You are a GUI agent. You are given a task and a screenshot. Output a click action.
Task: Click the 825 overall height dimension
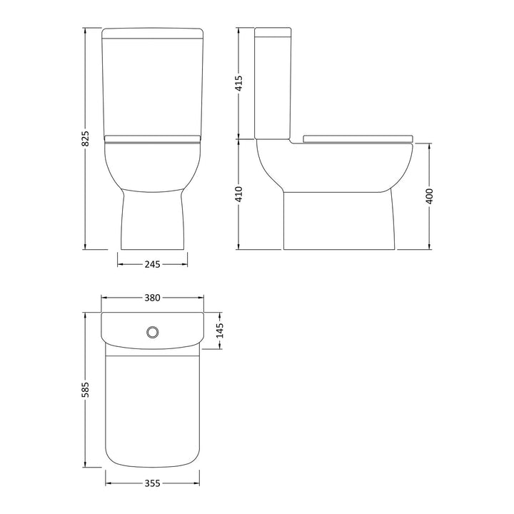pos(85,138)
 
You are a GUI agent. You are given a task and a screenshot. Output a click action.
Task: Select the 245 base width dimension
pos(153,264)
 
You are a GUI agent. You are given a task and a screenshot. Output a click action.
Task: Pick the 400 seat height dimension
pos(430,196)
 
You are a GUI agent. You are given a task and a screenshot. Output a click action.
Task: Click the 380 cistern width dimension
pos(153,298)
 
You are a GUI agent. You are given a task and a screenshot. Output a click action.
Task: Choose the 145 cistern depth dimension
pos(220,331)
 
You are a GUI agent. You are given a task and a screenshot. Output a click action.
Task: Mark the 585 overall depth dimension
pos(85,390)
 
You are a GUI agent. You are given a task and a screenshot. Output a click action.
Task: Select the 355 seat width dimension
pos(153,483)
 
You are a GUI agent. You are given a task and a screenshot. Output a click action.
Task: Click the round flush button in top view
pos(153,332)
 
